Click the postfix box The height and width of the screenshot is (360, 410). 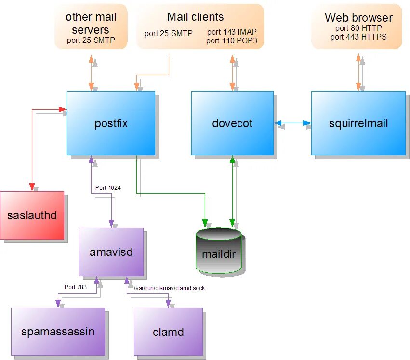coord(111,123)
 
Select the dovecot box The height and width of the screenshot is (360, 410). coord(232,123)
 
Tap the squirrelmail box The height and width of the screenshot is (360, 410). coord(358,123)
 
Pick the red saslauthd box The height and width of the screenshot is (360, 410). coord(32,215)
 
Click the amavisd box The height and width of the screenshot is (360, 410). coord(111,252)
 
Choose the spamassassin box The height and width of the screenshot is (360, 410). coord(58,332)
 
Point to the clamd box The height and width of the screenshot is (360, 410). coord(168,332)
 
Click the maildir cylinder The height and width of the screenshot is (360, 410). coord(219,251)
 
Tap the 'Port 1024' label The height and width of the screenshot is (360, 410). coord(108,188)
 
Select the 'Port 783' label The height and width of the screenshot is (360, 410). coord(76,287)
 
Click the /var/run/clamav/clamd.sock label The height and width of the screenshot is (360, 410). coord(170,288)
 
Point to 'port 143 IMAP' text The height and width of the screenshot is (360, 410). coord(232,32)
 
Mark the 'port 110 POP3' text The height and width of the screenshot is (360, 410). coord(231,41)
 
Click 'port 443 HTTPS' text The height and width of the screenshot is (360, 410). coord(358,37)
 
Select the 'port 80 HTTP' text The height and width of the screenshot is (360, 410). coord(358,28)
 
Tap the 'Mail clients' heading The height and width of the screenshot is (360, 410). coord(195,17)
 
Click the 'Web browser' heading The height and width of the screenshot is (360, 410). coord(358,18)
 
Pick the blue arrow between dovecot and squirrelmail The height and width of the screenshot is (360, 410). coord(292,123)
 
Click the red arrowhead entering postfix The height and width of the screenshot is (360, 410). coord(63,109)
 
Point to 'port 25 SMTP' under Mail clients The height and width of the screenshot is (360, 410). coord(169,33)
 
